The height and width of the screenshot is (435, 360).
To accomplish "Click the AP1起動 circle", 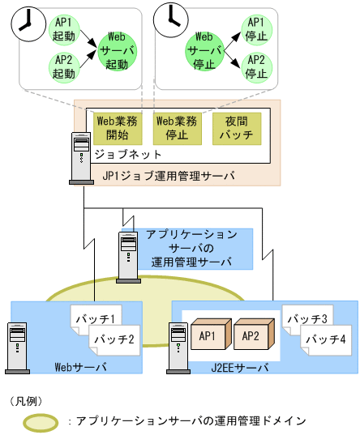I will (62, 28).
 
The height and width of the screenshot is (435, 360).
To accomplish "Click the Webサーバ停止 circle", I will (204, 48).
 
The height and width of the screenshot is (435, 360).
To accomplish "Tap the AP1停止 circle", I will (255, 28).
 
